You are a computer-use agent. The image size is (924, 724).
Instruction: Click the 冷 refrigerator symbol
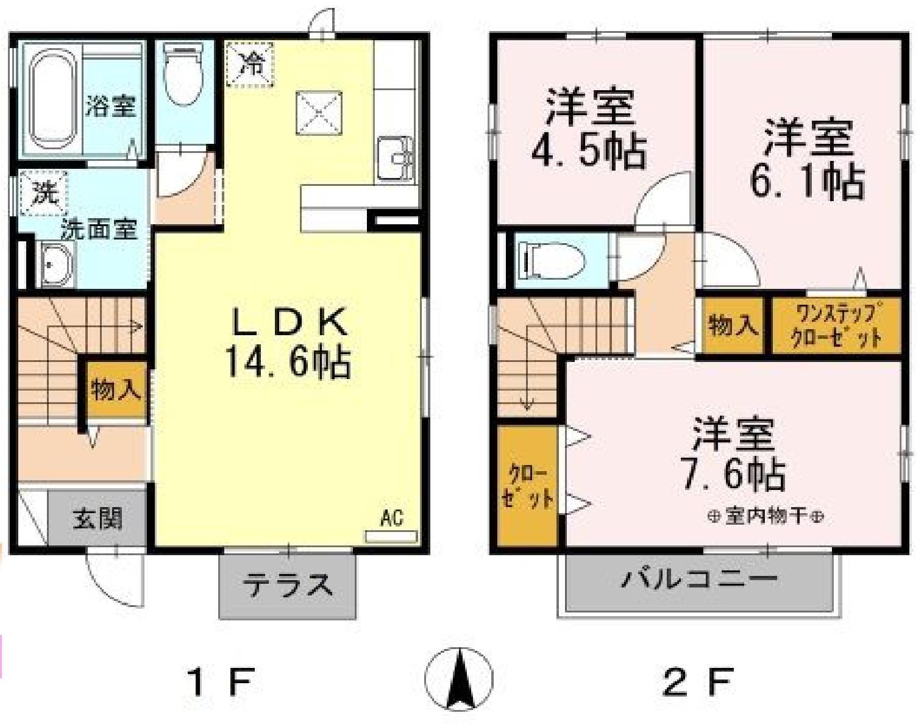250,63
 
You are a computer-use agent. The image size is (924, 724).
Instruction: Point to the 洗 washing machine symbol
43,194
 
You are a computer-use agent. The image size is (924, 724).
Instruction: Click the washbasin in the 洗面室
57,264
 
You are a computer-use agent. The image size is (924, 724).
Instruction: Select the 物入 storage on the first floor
116,389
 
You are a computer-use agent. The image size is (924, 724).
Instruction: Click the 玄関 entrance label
98,517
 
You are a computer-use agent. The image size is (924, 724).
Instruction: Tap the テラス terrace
288,586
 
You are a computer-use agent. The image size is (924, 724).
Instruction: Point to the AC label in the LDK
391,519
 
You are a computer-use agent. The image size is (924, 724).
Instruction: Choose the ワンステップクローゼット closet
836,325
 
